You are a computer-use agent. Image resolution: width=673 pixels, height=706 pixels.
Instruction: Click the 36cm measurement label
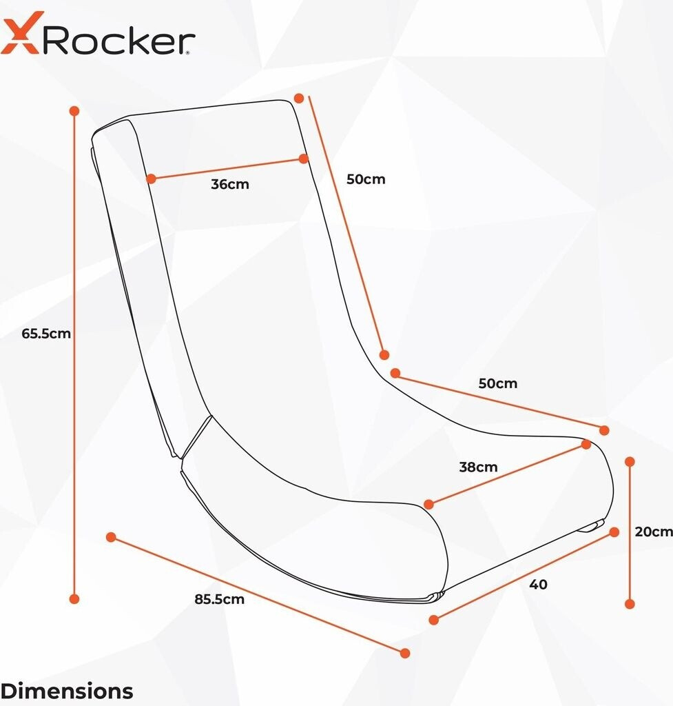[230, 185]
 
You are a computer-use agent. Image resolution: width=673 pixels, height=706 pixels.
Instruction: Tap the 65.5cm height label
[47, 334]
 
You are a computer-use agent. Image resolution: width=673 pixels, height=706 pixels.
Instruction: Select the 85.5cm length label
[219, 599]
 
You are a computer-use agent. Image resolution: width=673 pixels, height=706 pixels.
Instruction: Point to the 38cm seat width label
[478, 467]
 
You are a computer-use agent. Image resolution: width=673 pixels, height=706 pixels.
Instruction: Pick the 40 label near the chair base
[539, 584]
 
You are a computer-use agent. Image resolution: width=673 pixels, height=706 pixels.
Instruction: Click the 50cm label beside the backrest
[366, 179]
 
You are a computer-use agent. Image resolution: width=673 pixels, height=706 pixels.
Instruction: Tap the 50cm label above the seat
[497, 383]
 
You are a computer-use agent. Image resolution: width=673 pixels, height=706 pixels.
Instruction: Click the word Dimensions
[67, 690]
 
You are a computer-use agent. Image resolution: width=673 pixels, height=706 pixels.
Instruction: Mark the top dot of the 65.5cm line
[74, 110]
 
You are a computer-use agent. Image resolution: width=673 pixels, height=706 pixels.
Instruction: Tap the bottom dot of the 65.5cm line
[75, 598]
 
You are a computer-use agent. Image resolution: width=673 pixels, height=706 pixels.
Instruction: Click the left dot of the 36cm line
[152, 179]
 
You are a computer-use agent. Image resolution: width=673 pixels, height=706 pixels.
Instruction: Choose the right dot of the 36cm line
[304, 159]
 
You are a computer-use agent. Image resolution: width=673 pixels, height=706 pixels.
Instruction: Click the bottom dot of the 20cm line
[630, 604]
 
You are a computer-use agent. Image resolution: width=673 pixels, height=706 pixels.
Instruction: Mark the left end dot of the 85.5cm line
[110, 537]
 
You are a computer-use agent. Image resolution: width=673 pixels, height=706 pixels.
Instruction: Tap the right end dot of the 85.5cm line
[405, 653]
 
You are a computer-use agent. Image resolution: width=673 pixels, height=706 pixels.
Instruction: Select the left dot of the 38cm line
[429, 505]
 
